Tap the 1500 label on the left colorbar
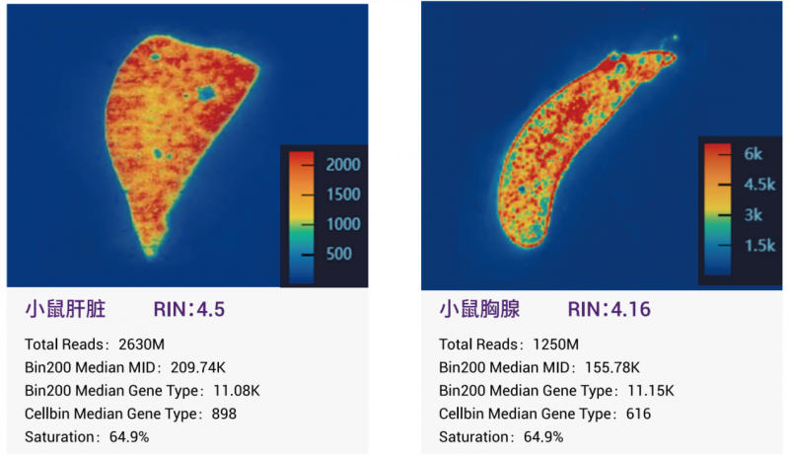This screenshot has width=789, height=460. pyautogui.click(x=343, y=194)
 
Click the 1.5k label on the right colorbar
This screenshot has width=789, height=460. pyautogui.click(x=759, y=245)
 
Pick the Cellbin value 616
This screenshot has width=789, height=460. pyautogui.click(x=636, y=414)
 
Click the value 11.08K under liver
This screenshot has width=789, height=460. pyautogui.click(x=237, y=391)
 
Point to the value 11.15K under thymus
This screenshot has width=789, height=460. pyautogui.click(x=650, y=391)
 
